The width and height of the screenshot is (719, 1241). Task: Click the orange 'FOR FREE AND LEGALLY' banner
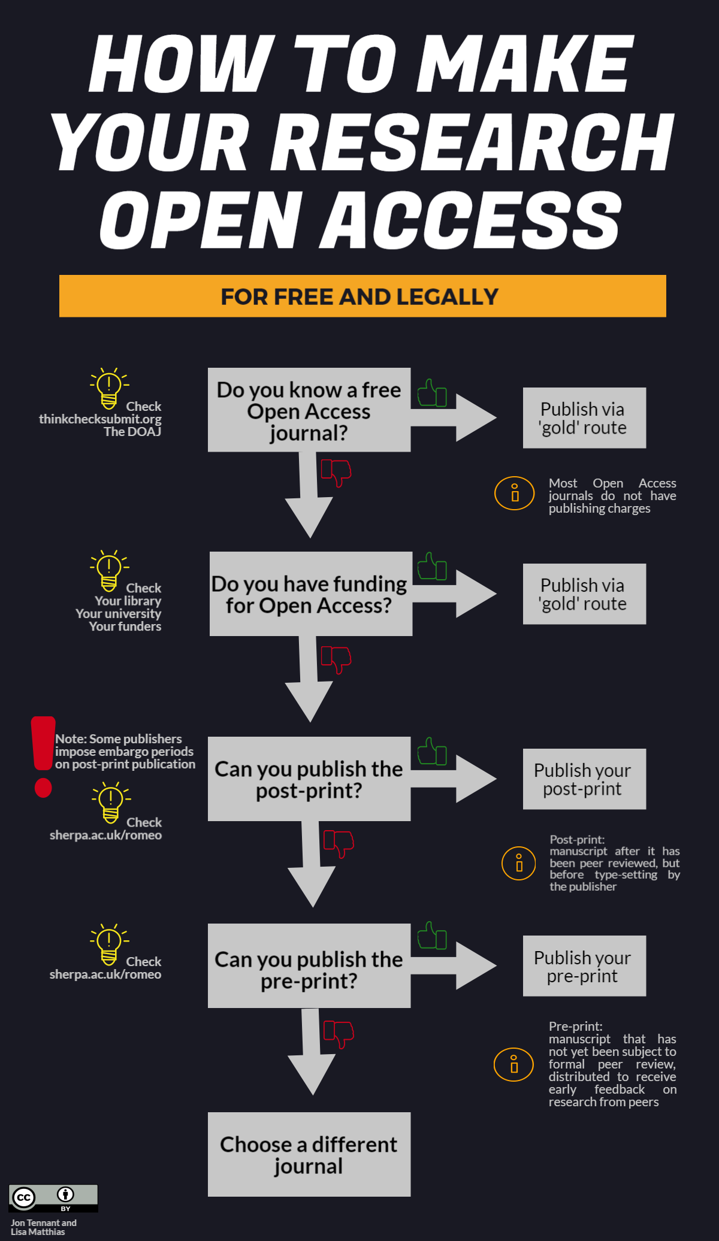362,296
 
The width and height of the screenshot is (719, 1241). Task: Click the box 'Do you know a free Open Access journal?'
309,410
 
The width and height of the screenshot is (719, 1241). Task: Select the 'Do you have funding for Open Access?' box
310,594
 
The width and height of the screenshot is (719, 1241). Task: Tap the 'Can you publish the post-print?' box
309,779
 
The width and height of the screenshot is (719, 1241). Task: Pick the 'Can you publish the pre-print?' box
309,966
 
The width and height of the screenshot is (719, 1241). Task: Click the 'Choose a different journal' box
309,1154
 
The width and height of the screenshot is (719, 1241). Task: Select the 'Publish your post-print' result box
584,779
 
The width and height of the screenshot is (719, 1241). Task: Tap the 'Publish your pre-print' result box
584,966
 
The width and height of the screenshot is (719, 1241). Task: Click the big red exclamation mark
43,756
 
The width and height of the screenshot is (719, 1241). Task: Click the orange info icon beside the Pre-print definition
513,1064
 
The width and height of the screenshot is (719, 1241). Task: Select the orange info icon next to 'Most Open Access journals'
514,494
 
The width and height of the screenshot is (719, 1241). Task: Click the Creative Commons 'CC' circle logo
24,1197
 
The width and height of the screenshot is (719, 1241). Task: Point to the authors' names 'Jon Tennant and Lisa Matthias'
43,1227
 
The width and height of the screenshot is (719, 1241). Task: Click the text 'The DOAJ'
132,432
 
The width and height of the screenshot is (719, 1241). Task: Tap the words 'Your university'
119,614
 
